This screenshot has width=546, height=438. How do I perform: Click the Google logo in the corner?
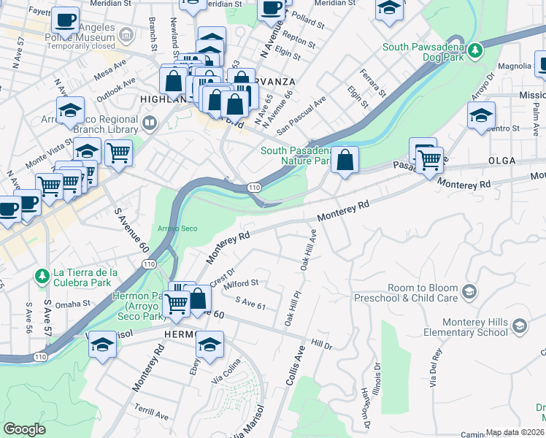[25, 429]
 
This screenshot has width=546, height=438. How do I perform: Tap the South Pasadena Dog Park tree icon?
[476, 50]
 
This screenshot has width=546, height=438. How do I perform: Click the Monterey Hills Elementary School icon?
[519, 325]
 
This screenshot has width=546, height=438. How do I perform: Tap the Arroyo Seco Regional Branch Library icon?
[150, 122]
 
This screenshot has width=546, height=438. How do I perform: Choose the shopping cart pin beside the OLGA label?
[430, 158]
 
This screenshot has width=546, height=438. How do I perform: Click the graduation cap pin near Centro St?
[481, 115]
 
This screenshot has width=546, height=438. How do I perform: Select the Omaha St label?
[72, 303]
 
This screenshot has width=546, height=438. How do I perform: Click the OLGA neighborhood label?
[502, 160]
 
